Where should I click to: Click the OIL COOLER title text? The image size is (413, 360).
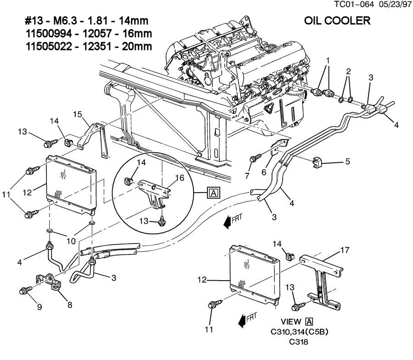[x=337, y=21]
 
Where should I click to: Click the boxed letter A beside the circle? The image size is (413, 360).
[x=213, y=193]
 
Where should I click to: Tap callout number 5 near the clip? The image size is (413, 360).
[x=347, y=162]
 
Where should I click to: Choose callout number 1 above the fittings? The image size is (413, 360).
[x=328, y=61]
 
